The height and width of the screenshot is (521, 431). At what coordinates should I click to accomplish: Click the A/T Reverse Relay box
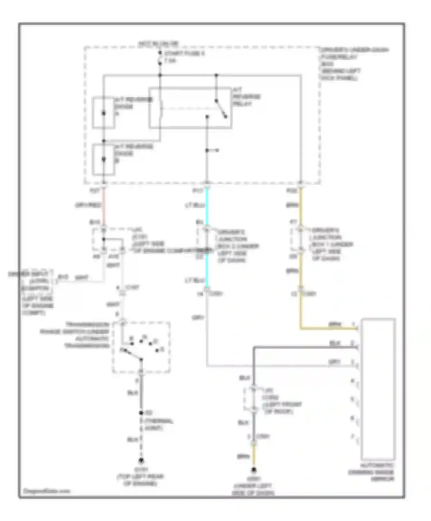point(190,108)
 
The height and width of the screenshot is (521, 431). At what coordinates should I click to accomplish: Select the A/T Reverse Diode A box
point(103,113)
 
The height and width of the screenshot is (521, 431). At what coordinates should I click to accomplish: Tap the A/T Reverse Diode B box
point(103,160)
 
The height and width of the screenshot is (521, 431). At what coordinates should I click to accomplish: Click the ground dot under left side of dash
point(254,470)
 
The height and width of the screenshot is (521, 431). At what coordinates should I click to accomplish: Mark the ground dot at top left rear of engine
point(141,461)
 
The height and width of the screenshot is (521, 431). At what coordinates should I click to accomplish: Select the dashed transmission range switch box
point(141,348)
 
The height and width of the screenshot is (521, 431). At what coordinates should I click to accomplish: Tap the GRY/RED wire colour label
point(88,205)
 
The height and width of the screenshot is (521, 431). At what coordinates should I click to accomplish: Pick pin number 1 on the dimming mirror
point(353,324)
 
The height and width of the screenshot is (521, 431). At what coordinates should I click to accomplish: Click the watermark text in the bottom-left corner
point(46,491)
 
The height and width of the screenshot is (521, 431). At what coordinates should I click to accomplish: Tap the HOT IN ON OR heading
point(158,44)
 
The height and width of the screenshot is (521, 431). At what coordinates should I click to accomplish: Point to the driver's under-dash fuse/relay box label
point(354,64)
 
